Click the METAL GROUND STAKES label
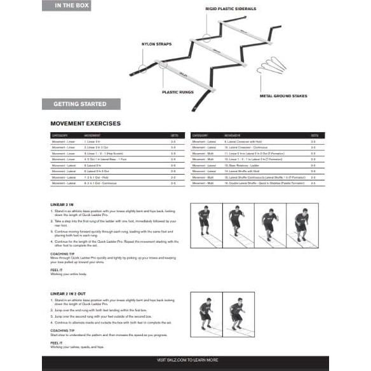click(283, 97)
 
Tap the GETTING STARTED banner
click(79, 104)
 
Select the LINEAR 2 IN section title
click(62, 205)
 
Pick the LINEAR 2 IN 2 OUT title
click(69, 293)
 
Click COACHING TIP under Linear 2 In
click(64, 252)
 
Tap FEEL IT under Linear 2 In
click(56, 270)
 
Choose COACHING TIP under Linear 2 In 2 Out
click(64, 330)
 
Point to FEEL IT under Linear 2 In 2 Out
click(56, 342)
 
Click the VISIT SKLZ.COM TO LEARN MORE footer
click(185, 360)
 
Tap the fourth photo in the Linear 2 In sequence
click(302, 226)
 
